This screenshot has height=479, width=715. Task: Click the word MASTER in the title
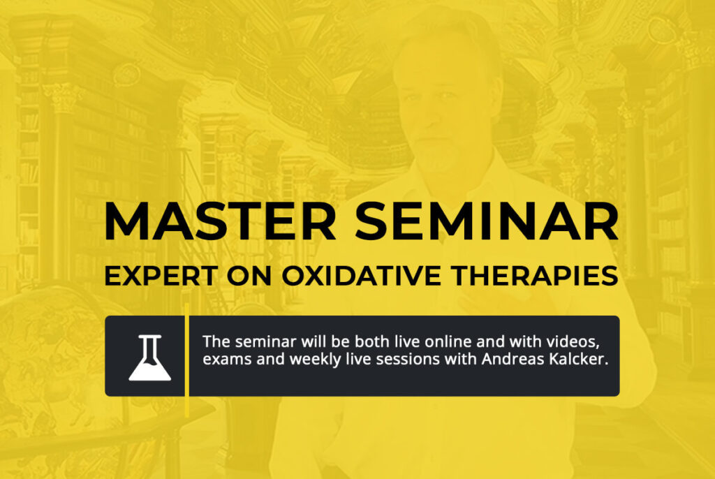pyautogui.click(x=221, y=221)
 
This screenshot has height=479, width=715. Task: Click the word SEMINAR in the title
pyautogui.click(x=487, y=221)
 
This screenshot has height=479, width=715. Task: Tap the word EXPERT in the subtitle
pyautogui.click(x=161, y=276)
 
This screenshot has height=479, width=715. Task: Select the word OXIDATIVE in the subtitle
pyautogui.click(x=361, y=276)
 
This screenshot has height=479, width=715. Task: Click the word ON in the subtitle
pyautogui.click(x=249, y=276)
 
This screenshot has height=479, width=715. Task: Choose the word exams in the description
pyautogui.click(x=227, y=360)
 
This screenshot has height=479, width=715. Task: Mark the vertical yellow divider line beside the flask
pyautogui.click(x=187, y=360)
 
